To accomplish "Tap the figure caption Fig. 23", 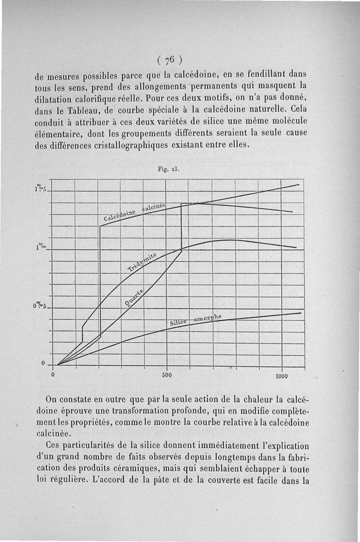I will pos(169,170).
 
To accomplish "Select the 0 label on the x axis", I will pos(53,374).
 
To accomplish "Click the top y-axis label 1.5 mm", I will pos(41,188).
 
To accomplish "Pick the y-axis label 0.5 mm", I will pos(41,306).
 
